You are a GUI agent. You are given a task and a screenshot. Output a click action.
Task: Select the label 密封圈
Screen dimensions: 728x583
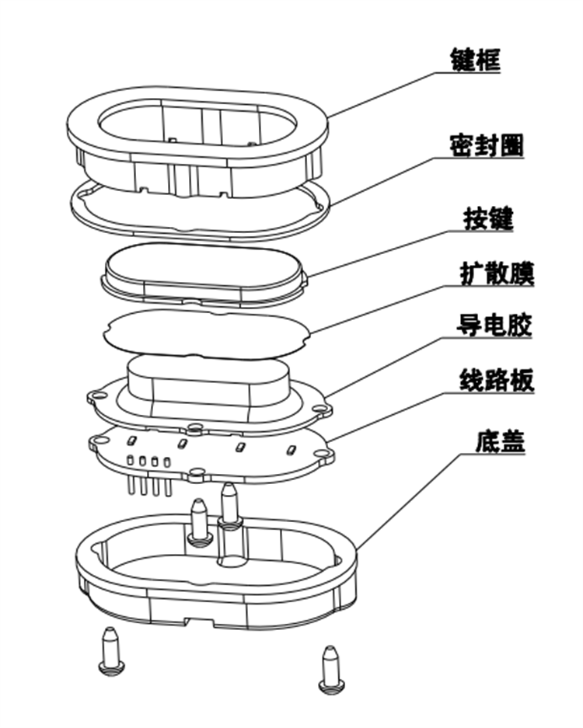tap(486, 145)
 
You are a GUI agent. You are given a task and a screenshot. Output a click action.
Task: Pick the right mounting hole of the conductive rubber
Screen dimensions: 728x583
tap(320, 407)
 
